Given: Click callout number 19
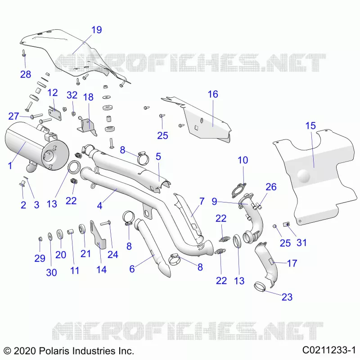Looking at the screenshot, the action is coord(96,30).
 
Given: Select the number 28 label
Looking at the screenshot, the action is coord(26,74).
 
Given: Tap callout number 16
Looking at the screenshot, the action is coord(213,94).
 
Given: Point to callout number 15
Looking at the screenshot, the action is coord(310,126).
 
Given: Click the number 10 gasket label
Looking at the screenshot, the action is coord(243,160).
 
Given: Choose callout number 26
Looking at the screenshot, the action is coord(271,187).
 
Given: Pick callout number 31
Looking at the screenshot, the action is coord(301,243).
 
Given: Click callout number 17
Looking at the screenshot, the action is coord(292,263).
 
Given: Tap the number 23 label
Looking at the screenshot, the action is coord(287,297).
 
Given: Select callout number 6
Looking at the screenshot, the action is coord(132,269).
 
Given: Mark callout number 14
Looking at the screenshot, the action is coord(101,270).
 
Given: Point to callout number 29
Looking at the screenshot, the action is coord(40,258).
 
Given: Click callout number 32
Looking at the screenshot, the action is coord(72,95).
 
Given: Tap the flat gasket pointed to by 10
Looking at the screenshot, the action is coord(238,190).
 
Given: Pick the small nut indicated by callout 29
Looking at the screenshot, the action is coord(40,239).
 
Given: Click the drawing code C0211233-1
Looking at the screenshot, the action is coord(329,351).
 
